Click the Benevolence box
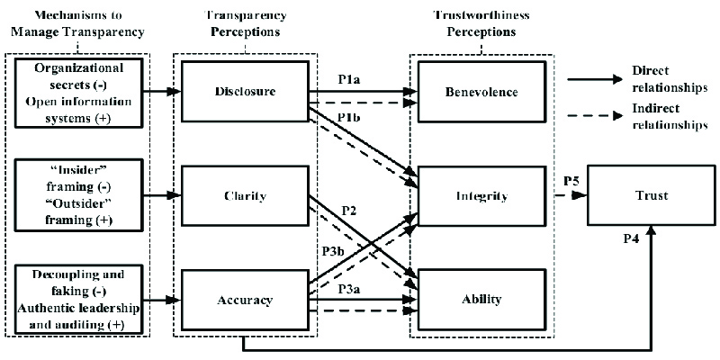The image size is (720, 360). tap(479, 91)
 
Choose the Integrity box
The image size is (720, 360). tap(479, 195)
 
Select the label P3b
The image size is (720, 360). tap(334, 253)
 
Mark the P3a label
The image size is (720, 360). tap(351, 289)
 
